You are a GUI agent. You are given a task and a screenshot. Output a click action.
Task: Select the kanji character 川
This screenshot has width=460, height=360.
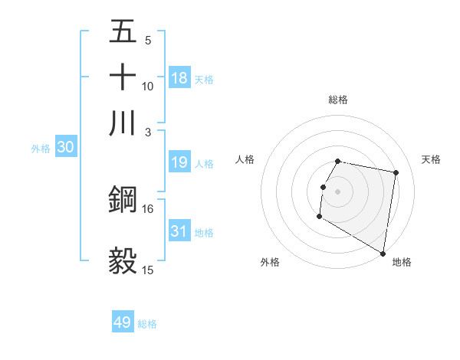click(x=123, y=123)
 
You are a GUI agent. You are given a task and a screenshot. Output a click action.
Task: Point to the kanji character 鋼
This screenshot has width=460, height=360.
click(x=123, y=199)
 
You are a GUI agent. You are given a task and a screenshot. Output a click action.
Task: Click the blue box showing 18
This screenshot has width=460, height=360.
click(x=179, y=78)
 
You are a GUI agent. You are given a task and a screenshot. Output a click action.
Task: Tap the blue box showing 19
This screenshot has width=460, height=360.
click(x=179, y=162)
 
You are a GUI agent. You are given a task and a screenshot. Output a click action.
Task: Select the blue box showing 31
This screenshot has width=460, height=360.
click(x=179, y=231)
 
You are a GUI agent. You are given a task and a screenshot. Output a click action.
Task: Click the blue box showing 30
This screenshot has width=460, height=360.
click(x=65, y=148)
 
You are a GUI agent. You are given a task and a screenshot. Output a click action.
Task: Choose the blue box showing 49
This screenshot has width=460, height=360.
click(x=123, y=322)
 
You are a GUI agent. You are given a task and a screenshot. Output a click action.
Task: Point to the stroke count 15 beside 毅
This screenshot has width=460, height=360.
click(x=148, y=270)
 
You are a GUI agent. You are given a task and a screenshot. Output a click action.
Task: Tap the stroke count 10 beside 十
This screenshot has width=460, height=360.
click(x=148, y=86)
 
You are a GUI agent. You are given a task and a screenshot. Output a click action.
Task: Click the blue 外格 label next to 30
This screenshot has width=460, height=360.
click(x=41, y=149)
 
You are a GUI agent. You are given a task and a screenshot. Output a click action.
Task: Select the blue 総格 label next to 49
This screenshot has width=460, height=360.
click(x=147, y=324)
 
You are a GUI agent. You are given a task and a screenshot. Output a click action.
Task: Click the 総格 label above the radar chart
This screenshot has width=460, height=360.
click(x=337, y=100)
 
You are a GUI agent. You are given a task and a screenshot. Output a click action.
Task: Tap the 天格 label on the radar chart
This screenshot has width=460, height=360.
click(x=432, y=159)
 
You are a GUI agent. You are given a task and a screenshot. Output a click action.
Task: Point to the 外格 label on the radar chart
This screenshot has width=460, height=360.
click(x=270, y=262)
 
